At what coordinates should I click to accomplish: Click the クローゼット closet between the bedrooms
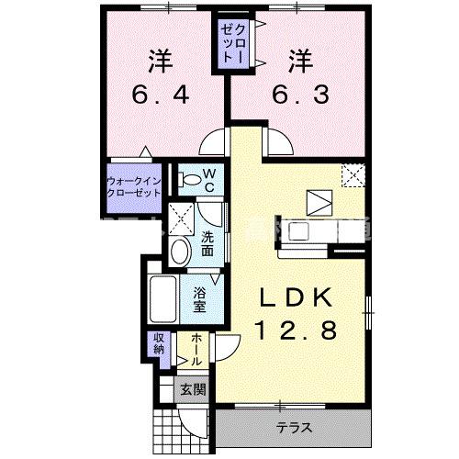click(x=229, y=44)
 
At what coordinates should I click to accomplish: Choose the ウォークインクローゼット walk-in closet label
click(x=135, y=187)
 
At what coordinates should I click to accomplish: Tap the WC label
click(x=208, y=178)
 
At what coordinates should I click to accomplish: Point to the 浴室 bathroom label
click(x=201, y=301)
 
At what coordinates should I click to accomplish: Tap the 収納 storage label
click(x=158, y=344)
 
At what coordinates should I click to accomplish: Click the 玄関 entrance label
click(x=193, y=389)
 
